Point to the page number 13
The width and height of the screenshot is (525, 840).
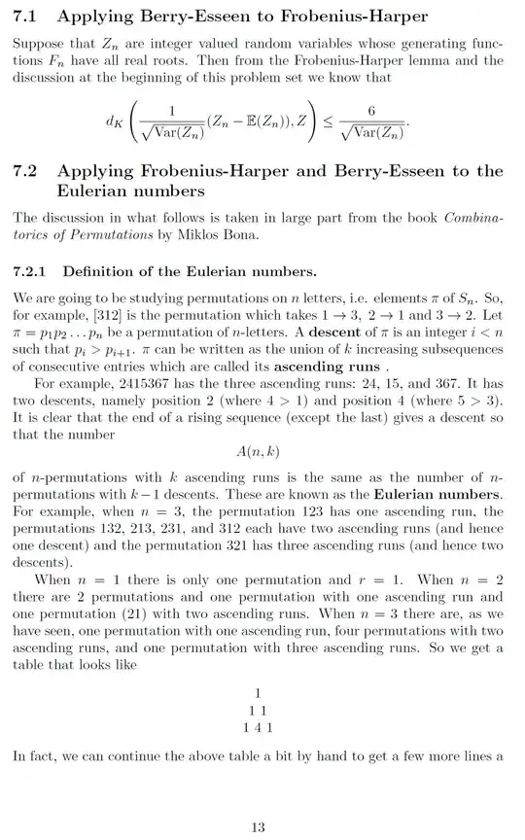click(x=258, y=827)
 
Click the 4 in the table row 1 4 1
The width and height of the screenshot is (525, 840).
click(x=258, y=727)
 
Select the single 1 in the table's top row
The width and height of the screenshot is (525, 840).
click(x=258, y=693)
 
